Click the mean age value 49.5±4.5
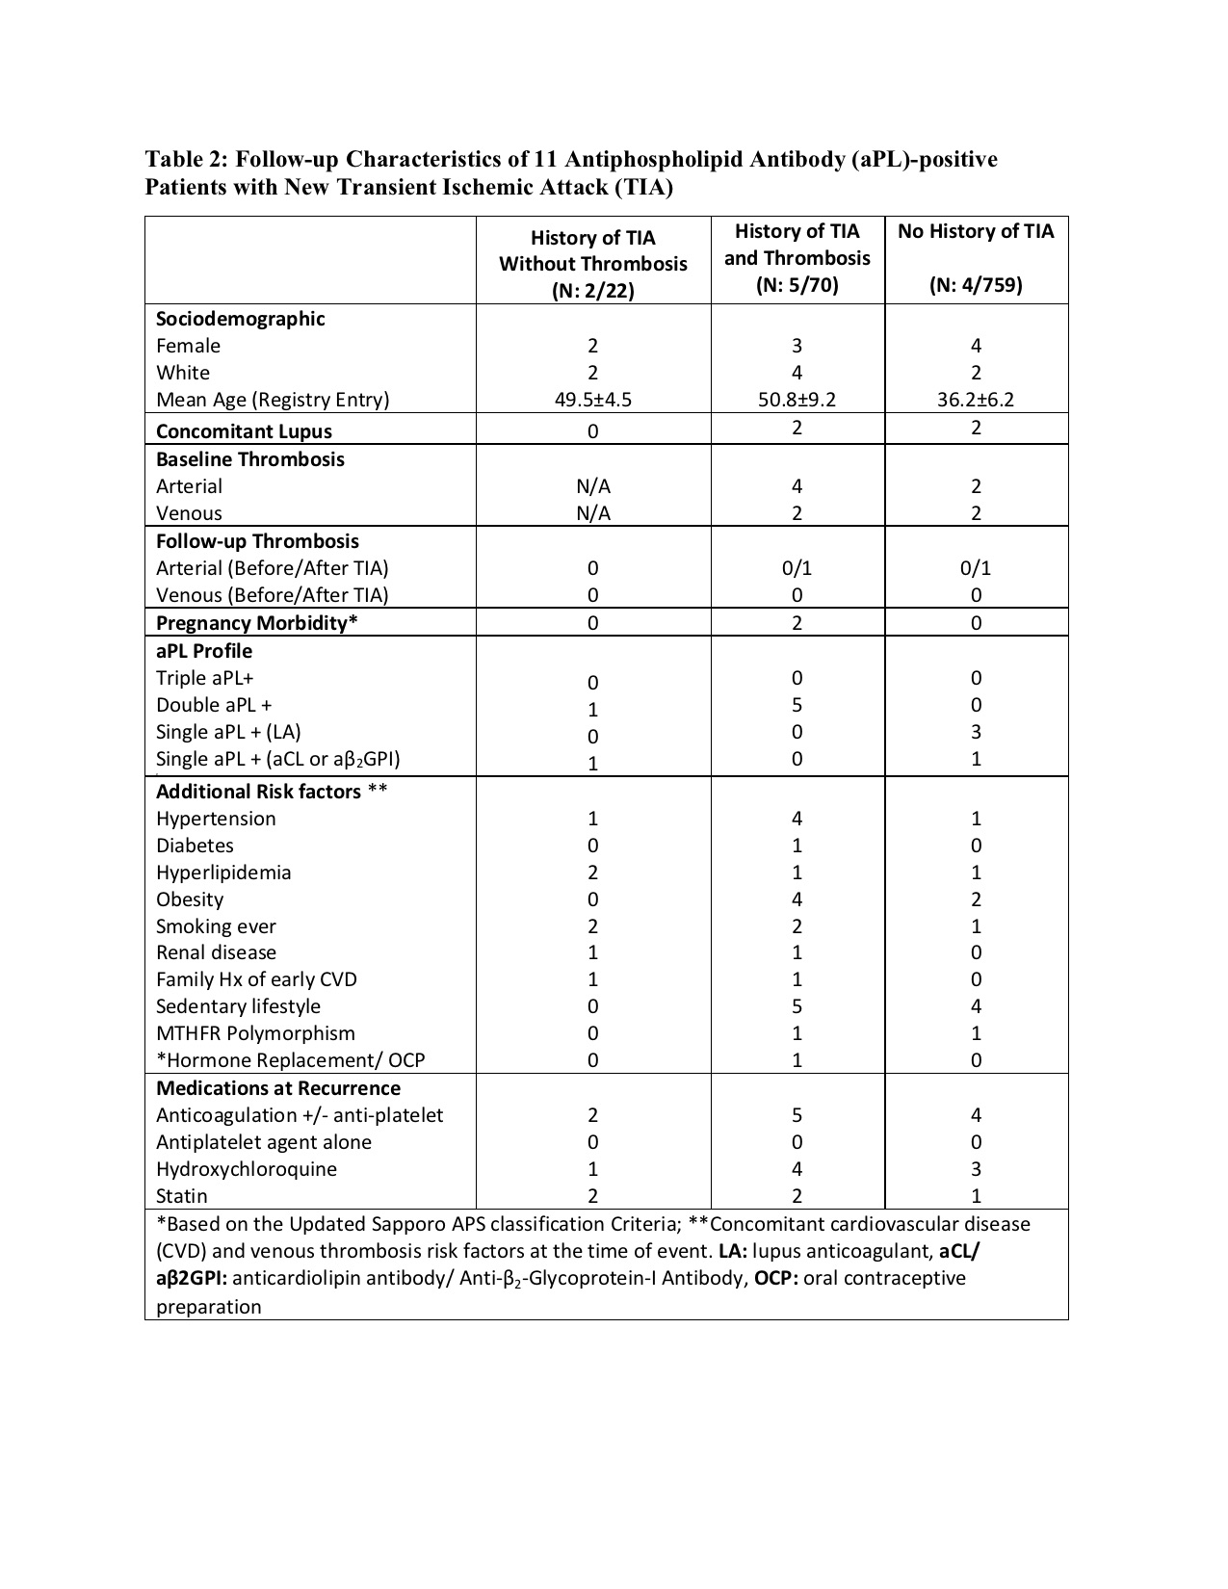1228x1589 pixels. tap(592, 400)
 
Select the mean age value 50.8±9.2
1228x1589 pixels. tap(797, 400)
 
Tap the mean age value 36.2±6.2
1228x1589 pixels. tap(976, 400)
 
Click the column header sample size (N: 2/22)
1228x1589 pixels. tap(592, 291)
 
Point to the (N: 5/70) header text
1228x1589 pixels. tap(797, 285)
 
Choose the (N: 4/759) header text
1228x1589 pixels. tap(976, 285)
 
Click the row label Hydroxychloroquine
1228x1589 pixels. tap(247, 1169)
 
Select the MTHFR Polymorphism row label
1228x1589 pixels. tap(255, 1033)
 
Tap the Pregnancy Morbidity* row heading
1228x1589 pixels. tap(256, 623)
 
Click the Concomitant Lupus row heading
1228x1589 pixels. tap(244, 431)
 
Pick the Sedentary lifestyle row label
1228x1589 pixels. tap(238, 1006)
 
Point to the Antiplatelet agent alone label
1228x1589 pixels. tap(263, 1142)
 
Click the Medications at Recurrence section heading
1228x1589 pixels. tap(278, 1088)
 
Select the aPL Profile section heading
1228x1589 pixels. tap(204, 651)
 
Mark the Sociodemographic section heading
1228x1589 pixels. tap(241, 319)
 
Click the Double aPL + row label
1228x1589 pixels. tap(214, 705)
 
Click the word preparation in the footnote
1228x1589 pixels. tap(208, 1307)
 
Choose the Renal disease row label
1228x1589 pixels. tap(216, 952)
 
